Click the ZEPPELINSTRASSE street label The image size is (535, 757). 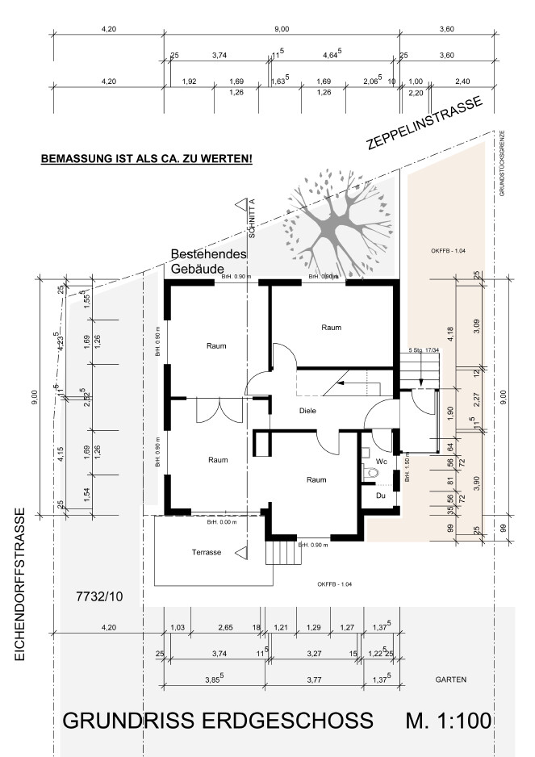(x=424, y=123)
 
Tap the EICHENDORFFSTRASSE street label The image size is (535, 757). (x=20, y=584)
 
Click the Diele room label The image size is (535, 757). (x=307, y=411)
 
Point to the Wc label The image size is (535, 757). (x=382, y=461)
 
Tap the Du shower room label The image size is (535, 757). (x=381, y=496)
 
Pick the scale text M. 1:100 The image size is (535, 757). (x=449, y=721)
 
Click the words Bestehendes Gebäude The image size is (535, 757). (x=208, y=260)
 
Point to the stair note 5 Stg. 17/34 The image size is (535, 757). (x=422, y=350)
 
